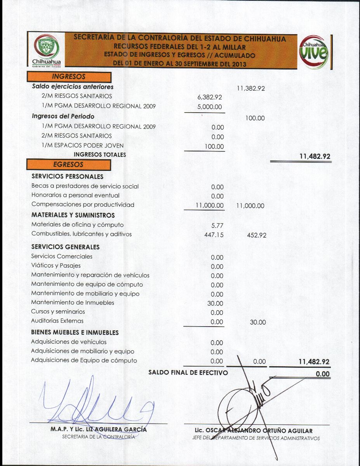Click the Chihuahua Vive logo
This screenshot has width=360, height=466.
[315, 52]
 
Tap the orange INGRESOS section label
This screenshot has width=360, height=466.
[69, 77]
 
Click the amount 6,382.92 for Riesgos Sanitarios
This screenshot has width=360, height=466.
[210, 97]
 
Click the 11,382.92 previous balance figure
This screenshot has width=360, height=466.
[250, 89]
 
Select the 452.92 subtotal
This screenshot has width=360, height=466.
[256, 235]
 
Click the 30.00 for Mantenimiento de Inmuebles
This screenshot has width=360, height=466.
[215, 304]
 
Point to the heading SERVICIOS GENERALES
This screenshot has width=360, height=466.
[65, 247]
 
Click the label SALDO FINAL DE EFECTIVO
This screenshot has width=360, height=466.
[188, 373]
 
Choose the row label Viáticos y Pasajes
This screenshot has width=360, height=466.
[56, 266]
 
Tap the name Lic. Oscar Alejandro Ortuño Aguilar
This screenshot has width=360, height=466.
[254, 431]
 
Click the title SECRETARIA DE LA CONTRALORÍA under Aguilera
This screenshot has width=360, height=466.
[99, 436]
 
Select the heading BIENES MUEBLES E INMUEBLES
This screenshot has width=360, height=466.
[75, 332]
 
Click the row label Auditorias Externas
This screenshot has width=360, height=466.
[57, 321]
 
